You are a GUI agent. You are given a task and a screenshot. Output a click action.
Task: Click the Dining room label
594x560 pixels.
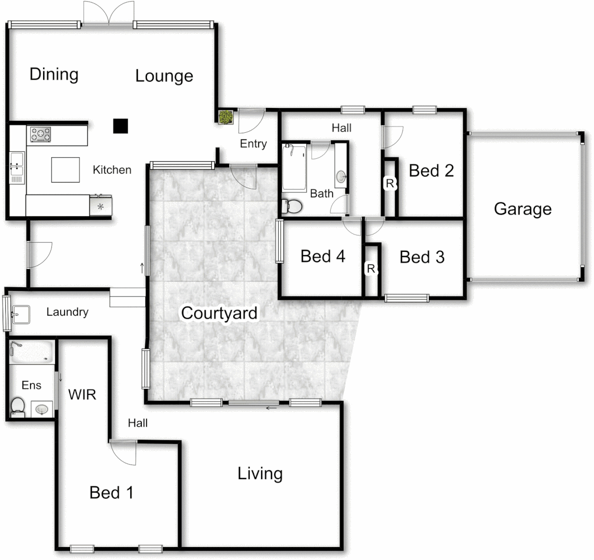pyautogui.click(x=54, y=74)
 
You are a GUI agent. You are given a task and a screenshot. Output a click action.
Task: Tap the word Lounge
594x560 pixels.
pyautogui.click(x=164, y=76)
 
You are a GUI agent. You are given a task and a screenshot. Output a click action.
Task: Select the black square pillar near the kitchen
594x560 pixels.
pyautogui.click(x=120, y=125)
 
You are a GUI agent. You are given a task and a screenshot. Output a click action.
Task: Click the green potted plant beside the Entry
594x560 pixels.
pyautogui.click(x=225, y=117)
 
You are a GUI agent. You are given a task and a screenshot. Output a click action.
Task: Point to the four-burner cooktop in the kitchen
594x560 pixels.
pyautogui.click(x=41, y=135)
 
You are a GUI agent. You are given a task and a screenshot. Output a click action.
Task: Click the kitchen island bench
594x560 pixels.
pyautogui.click(x=65, y=170)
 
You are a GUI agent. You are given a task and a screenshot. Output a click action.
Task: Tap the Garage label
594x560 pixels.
pyautogui.click(x=522, y=209)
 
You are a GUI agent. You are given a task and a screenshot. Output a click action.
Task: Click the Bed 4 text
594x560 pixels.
pyautogui.click(x=323, y=256)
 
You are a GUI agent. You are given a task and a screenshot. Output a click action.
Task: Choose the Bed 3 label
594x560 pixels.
pyautogui.click(x=422, y=257)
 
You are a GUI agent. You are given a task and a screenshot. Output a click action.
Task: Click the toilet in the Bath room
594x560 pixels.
pyautogui.click(x=292, y=206)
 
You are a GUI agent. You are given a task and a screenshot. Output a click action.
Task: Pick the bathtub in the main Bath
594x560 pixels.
pyautogui.click(x=294, y=168)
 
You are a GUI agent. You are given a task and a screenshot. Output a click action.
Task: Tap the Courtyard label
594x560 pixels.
pyautogui.click(x=219, y=313)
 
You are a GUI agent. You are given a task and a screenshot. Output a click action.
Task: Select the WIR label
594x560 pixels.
pyautogui.click(x=83, y=395)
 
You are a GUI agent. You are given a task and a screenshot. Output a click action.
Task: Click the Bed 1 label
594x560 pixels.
pyautogui.click(x=112, y=492)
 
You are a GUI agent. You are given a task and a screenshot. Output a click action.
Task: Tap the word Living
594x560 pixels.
pyautogui.click(x=260, y=473)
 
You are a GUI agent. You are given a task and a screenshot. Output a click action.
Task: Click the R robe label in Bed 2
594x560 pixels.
pyautogui.click(x=389, y=183)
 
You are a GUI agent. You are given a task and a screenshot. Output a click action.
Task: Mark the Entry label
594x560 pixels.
pyautogui.click(x=253, y=144)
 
